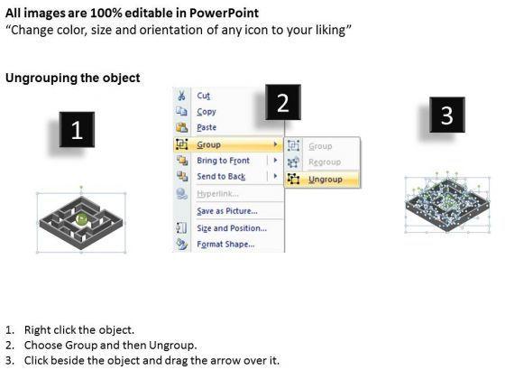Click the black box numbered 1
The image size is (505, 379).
point(77,130)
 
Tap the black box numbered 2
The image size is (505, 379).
point(283,102)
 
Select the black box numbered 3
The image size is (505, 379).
point(447,115)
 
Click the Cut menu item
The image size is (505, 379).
point(204,96)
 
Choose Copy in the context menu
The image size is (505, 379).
point(207,112)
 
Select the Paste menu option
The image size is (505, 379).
point(207,127)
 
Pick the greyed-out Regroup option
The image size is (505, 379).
point(325,162)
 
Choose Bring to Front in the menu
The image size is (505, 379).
point(224,161)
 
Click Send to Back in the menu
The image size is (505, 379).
point(221,176)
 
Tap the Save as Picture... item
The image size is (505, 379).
point(227,211)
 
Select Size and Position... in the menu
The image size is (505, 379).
point(232,228)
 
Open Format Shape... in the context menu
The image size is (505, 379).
point(225,245)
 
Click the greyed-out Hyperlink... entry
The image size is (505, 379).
point(217,194)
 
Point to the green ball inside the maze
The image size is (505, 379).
point(82,218)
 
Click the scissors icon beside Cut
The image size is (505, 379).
point(181,96)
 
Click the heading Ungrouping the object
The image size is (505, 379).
point(73,78)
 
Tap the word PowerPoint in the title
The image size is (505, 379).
point(224,13)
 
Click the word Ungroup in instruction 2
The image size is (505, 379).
point(171,346)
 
